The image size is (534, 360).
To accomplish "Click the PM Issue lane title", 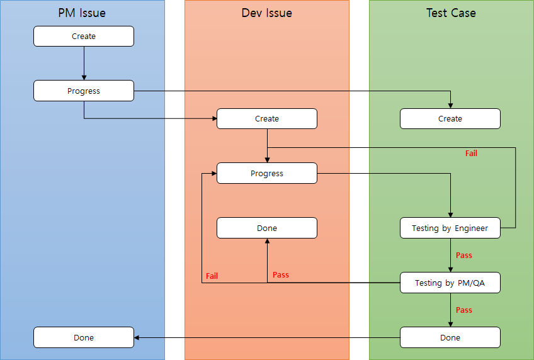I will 82,13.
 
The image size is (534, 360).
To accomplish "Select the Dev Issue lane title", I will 266,13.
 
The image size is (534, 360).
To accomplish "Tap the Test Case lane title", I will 451,13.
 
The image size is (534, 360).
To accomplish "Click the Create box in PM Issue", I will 84,37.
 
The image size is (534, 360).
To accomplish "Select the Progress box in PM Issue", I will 84,91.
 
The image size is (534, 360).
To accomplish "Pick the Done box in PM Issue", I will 84,337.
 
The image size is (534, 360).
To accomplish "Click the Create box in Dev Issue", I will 267,119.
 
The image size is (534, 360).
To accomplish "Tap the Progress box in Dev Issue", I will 267,173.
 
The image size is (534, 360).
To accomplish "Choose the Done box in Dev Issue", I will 267,228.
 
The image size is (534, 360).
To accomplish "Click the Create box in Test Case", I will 450,119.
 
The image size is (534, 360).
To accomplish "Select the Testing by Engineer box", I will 450,228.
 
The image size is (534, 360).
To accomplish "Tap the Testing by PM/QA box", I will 450,283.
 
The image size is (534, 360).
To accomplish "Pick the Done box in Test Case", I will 450,337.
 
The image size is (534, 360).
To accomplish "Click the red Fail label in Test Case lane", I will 471,153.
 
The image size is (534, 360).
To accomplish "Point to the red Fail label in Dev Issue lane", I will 212,276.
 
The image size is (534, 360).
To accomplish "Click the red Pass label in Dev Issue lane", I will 281,275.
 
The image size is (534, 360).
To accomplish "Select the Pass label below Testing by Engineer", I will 464,256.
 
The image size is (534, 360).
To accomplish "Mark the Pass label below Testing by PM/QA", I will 464,310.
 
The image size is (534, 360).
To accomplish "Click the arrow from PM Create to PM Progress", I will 84,63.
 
